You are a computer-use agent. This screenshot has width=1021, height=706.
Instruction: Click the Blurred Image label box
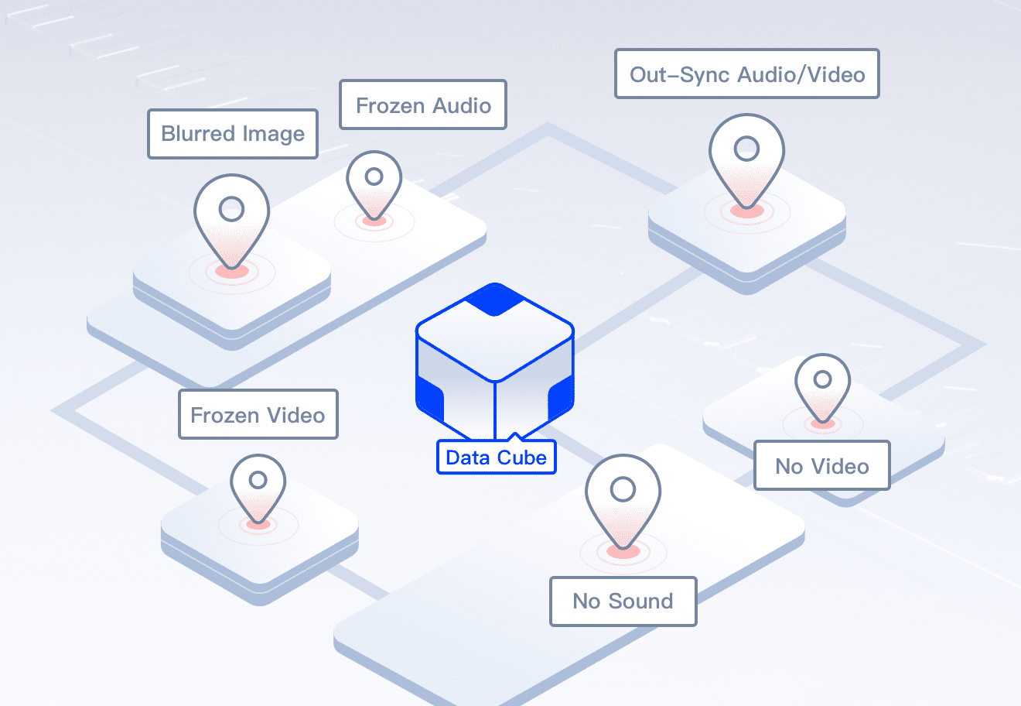[x=233, y=134]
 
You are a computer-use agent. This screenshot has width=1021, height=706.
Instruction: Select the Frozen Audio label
[x=423, y=105]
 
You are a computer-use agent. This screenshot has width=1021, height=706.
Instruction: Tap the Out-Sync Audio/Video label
[x=746, y=74]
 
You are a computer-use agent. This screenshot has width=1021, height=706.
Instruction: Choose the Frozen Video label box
[x=258, y=415]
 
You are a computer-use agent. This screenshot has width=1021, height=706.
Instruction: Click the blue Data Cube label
[x=496, y=458]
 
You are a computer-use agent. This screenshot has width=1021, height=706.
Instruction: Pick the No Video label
[x=821, y=466]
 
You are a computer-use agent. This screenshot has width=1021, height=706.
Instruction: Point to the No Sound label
[x=623, y=601]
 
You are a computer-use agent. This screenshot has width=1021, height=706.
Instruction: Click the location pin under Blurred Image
[x=231, y=218]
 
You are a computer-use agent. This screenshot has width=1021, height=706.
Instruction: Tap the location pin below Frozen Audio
[x=374, y=183]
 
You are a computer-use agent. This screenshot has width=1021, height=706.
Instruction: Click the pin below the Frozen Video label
[x=258, y=487]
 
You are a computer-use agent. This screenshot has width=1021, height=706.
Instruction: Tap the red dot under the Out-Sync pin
[x=746, y=210]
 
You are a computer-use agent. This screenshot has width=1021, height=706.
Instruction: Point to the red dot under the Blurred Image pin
[x=231, y=271]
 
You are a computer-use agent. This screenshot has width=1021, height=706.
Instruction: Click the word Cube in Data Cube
[x=521, y=458]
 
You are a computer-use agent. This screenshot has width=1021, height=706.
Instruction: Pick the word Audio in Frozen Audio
[x=463, y=105]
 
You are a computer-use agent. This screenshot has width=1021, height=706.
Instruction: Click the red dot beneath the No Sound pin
[x=623, y=551]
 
